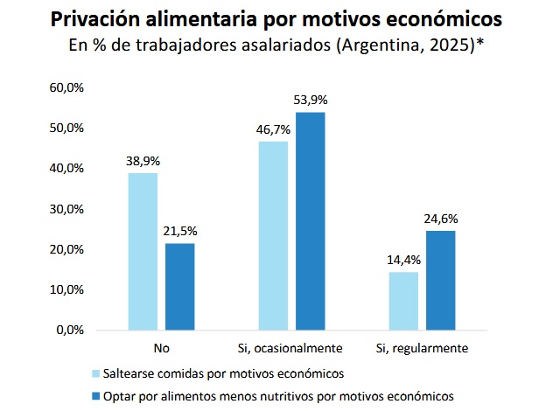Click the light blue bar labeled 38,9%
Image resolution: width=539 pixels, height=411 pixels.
pos(143,252)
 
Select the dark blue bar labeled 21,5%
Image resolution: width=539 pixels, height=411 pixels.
pos(179,287)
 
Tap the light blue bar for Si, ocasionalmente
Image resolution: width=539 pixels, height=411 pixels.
pos(273,236)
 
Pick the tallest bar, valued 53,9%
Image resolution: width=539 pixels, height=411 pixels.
pos(311,221)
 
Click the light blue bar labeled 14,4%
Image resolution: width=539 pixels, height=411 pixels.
pos(403,302)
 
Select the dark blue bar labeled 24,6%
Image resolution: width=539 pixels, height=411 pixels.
pos(441,281)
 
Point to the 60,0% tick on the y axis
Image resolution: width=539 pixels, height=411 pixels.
pos(66,87)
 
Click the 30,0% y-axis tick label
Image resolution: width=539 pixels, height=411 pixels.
pos(66,209)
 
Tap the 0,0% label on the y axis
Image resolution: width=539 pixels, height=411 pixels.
pos(70,330)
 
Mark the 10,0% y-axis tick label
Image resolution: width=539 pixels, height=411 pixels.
pos(66,289)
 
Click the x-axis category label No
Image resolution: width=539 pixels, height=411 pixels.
pos(162,348)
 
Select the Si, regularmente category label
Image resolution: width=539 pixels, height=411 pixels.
pos(422,348)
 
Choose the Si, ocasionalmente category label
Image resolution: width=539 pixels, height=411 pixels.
pos(290,348)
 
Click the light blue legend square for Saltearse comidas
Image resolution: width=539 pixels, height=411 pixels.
pos(96,373)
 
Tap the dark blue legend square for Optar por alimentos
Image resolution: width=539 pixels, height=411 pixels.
pos(96,396)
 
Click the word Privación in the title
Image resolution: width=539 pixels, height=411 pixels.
pos(95,19)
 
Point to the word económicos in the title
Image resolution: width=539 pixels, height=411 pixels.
pos(444,19)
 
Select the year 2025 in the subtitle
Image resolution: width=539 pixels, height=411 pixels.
pos(451,45)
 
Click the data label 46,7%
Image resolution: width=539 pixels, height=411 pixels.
pos(273,130)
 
